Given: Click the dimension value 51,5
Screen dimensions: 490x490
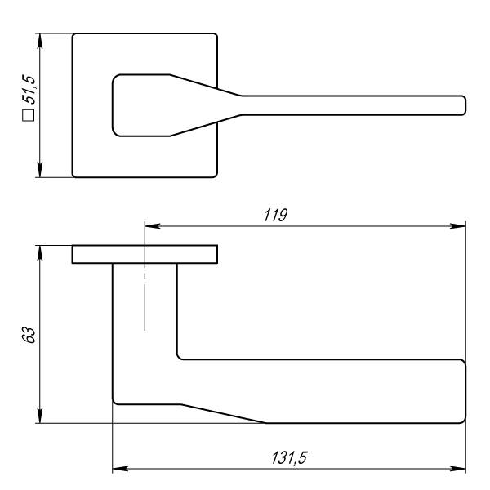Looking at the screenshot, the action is point(29,89).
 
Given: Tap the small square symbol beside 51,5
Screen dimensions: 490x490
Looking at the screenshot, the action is point(29,115).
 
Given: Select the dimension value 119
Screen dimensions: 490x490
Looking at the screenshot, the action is point(275,216).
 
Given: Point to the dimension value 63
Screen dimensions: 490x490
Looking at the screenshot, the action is point(29,336).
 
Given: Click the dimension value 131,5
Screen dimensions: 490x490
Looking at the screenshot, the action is point(289,458).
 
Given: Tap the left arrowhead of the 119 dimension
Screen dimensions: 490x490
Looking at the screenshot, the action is point(153,226).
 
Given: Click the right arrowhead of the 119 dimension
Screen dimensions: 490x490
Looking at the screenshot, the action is point(458,226).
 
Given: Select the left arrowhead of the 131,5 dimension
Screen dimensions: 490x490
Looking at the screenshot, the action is point(120,469).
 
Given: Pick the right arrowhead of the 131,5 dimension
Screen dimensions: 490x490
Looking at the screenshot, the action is point(458,469).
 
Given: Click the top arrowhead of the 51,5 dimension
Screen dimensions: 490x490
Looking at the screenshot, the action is point(40,42).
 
